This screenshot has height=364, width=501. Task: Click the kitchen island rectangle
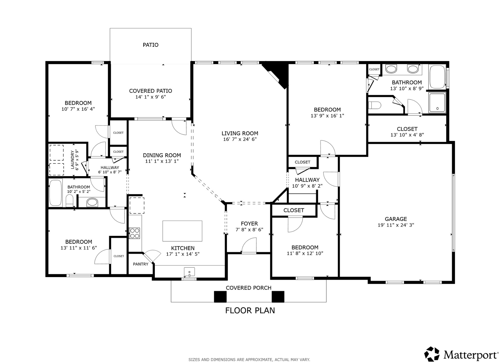[x=182, y=231]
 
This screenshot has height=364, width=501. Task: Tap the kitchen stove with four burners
[x=134, y=233]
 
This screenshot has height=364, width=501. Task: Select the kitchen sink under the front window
[x=189, y=272]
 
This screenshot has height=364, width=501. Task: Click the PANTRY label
[x=141, y=264]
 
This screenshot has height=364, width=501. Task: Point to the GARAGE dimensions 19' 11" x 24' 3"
[x=396, y=225]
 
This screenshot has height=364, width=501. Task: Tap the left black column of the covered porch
[x=220, y=297]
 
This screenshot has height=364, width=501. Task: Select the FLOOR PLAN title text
[x=250, y=311]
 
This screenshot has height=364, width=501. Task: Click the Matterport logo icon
[x=432, y=354]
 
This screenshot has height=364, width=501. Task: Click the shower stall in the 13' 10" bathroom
[x=437, y=102]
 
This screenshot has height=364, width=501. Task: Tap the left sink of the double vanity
[x=391, y=69]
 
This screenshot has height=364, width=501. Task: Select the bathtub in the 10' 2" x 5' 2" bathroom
[x=56, y=193]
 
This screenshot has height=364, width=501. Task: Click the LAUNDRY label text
[x=73, y=160]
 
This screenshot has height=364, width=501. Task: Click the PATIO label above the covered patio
[x=150, y=45]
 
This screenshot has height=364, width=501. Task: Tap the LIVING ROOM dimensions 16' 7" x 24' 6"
[x=240, y=139]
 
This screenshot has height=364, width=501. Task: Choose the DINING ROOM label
[x=162, y=155]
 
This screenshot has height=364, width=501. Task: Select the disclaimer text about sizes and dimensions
[x=249, y=360]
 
